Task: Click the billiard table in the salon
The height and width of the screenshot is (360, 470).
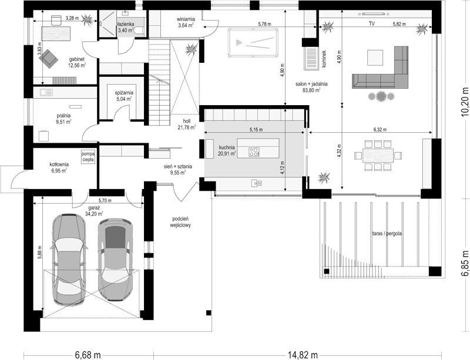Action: pyautogui.click(x=253, y=42)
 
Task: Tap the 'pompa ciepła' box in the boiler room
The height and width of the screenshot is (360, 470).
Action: pyautogui.click(x=88, y=156)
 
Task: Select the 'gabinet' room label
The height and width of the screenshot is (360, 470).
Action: pyautogui.click(x=77, y=59)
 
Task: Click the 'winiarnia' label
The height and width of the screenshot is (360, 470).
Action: pyautogui.click(x=186, y=20)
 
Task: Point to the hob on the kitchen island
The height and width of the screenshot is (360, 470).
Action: pyautogui.click(x=254, y=152)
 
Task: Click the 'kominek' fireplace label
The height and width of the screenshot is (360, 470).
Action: pyautogui.click(x=324, y=59)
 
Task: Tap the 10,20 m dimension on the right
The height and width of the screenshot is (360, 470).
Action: pyautogui.click(x=465, y=102)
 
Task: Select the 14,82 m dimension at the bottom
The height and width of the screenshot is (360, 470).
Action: pyautogui.click(x=303, y=355)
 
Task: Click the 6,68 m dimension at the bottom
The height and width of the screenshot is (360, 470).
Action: pyautogui.click(x=88, y=355)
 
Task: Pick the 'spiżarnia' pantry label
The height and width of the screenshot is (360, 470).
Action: pyautogui.click(x=124, y=93)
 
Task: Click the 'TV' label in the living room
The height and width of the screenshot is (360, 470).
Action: pyautogui.click(x=372, y=23)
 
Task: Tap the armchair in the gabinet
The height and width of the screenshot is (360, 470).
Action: pyautogui.click(x=48, y=59)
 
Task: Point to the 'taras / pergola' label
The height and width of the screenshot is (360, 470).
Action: pyautogui.click(x=387, y=234)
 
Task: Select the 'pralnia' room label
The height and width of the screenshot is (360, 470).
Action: pyautogui.click(x=63, y=116)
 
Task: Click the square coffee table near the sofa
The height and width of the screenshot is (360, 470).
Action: pyautogui.click(x=375, y=58)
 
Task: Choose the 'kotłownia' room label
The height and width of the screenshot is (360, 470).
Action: pyautogui.click(x=59, y=164)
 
